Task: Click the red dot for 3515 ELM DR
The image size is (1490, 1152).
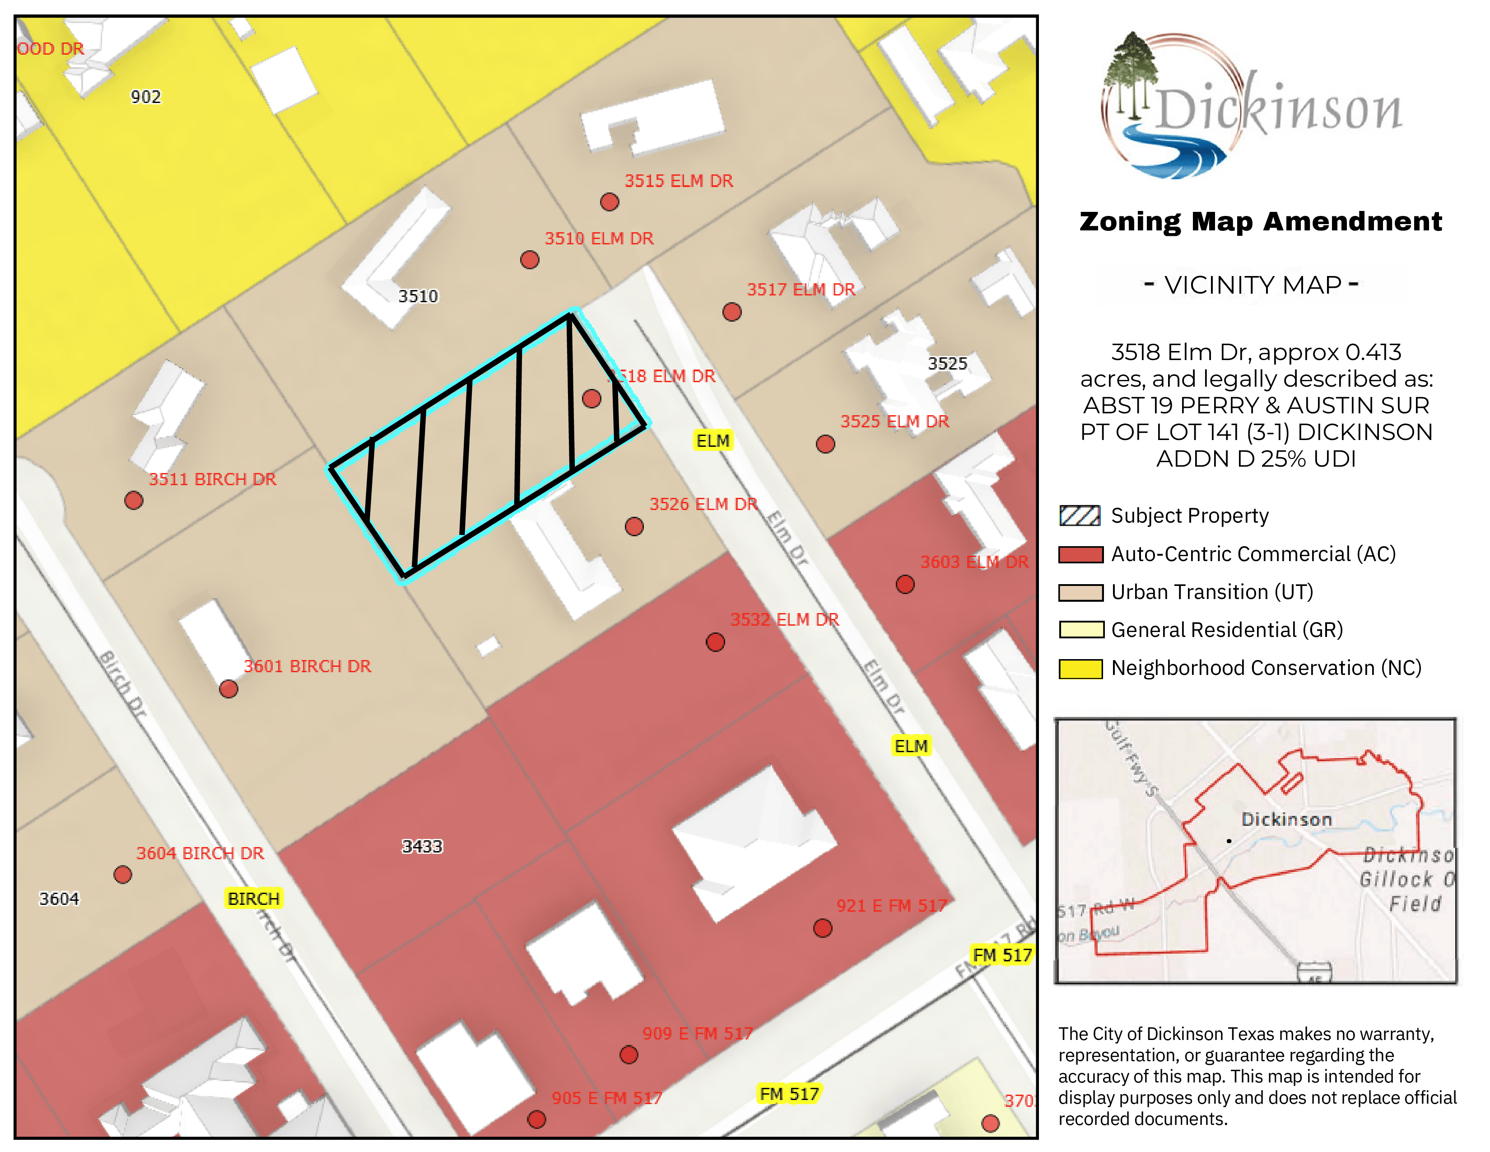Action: point(609,202)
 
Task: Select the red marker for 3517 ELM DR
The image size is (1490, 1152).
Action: point(732,312)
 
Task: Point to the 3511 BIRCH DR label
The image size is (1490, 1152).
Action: point(212,479)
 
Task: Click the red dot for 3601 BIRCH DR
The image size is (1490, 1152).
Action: point(228,689)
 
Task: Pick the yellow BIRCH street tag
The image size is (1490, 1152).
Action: point(253,899)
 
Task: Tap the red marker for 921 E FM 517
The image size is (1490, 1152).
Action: point(823,928)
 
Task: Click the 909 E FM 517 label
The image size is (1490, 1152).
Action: point(697,1033)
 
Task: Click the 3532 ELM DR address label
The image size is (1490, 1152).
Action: point(785,620)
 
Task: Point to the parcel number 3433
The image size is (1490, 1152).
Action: point(422,846)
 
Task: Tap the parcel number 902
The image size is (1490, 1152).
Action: point(145,97)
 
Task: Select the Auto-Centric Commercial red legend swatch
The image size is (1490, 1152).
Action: point(1080,554)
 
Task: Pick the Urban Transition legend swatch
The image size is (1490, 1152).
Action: point(1080,592)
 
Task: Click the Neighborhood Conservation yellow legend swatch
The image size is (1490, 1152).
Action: point(1080,668)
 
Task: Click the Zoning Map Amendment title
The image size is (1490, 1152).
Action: point(1260,222)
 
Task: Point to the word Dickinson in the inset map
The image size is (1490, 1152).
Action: point(1286,819)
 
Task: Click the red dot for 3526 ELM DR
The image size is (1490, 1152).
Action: point(634,527)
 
